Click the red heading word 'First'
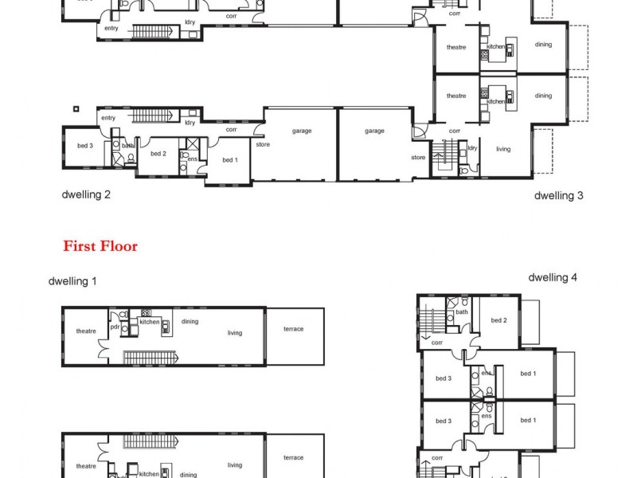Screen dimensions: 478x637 tap(80, 246)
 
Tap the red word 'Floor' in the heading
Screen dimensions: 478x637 tap(119, 246)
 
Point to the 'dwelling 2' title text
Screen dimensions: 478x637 tap(86, 194)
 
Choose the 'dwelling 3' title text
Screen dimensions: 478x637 tap(558, 194)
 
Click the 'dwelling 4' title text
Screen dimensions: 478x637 tap(552, 277)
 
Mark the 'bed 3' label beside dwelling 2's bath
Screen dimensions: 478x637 tap(85, 146)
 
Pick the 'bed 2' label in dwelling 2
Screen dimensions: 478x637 tap(158, 154)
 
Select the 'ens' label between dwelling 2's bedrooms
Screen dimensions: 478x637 tap(192, 159)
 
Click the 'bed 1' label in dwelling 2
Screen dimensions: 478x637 tap(229, 160)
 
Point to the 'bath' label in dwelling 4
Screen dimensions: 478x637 tap(462, 312)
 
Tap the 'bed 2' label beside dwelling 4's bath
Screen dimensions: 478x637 tap(498, 320)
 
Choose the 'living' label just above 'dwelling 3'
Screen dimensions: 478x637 tap(503, 149)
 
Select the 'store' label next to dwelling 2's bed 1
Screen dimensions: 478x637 tap(263, 144)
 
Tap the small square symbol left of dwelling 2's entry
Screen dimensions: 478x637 tap(76, 108)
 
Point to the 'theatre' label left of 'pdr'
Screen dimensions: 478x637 tap(86, 331)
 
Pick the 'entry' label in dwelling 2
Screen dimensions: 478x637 tap(108, 118)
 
